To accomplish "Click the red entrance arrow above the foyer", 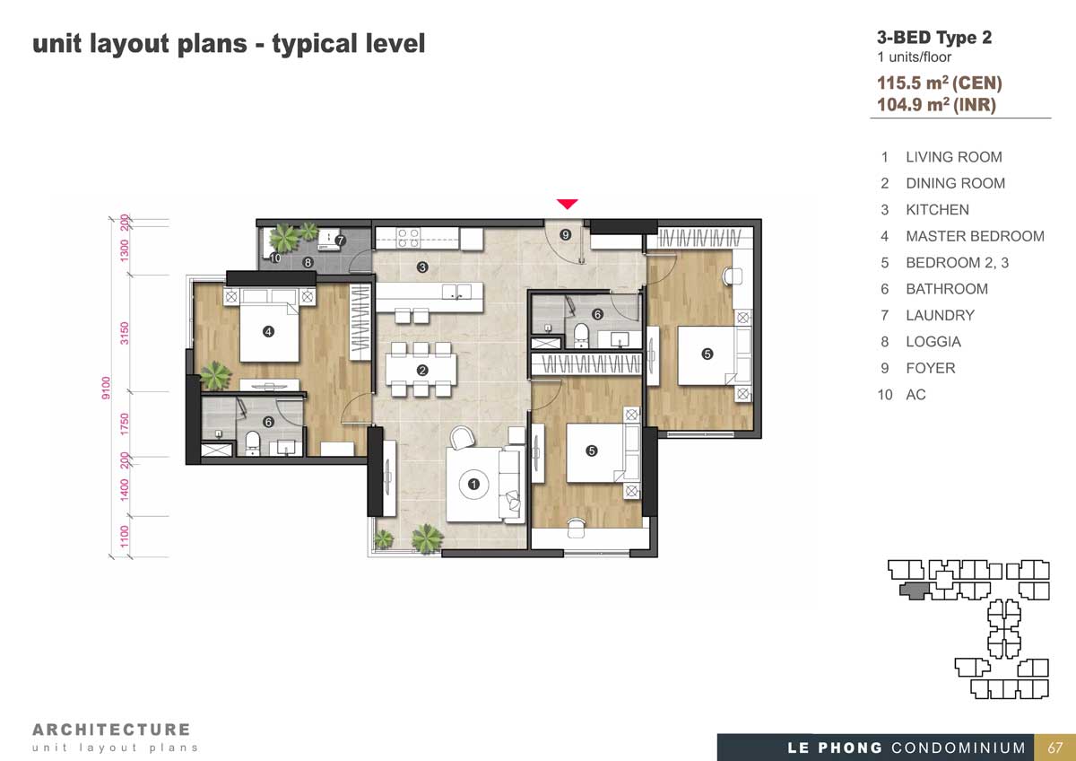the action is (567, 204).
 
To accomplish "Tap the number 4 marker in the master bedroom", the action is (268, 331).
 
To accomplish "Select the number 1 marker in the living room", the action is (473, 484).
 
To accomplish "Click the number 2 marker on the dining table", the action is (422, 370).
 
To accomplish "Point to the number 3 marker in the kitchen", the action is (422, 267).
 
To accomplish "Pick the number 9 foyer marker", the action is (566, 234).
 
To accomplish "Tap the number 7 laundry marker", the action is (340, 240).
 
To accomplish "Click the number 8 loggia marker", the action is (308, 262).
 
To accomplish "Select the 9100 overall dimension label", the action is (106, 388).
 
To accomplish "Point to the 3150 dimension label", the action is (125, 333).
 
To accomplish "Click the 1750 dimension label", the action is (125, 424).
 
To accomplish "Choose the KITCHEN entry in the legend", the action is (937, 210).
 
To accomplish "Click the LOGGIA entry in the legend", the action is (933, 342).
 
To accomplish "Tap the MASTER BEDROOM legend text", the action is (976, 236).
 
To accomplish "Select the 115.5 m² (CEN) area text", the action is (940, 83).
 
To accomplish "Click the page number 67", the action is (1054, 748).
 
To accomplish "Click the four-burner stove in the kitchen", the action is (408, 238).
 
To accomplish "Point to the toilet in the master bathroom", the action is (253, 442).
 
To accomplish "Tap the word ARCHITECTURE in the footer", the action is (111, 730).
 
